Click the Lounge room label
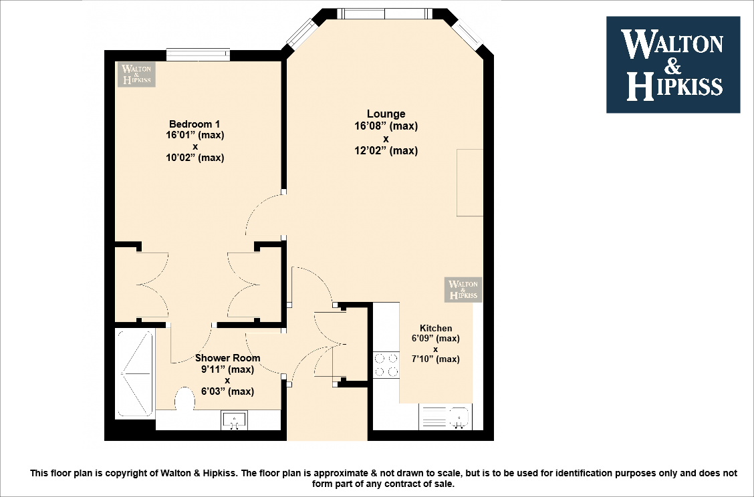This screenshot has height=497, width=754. click(x=386, y=114)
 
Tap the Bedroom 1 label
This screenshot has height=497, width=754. click(x=195, y=124)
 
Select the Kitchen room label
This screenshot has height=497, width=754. click(x=435, y=328)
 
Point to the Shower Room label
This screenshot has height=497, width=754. click(x=227, y=358)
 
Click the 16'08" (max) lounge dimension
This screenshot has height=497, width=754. click(x=386, y=126)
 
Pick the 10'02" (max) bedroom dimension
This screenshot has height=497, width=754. click(x=195, y=158)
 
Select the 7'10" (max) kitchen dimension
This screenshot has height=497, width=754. click(x=435, y=359)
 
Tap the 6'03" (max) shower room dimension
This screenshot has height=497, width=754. click(x=227, y=391)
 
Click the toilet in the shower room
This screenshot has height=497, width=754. click(x=184, y=401)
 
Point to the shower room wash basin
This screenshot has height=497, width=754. click(x=234, y=420)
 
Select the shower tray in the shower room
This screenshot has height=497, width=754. click(x=136, y=373)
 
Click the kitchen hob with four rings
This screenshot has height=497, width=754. click(x=386, y=365)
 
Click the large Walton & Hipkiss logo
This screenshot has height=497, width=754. click(x=672, y=65)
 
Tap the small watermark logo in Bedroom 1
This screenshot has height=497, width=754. click(x=137, y=74)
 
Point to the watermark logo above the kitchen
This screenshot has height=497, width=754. click(x=463, y=289)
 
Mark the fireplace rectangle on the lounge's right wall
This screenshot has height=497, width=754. click(x=469, y=183)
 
